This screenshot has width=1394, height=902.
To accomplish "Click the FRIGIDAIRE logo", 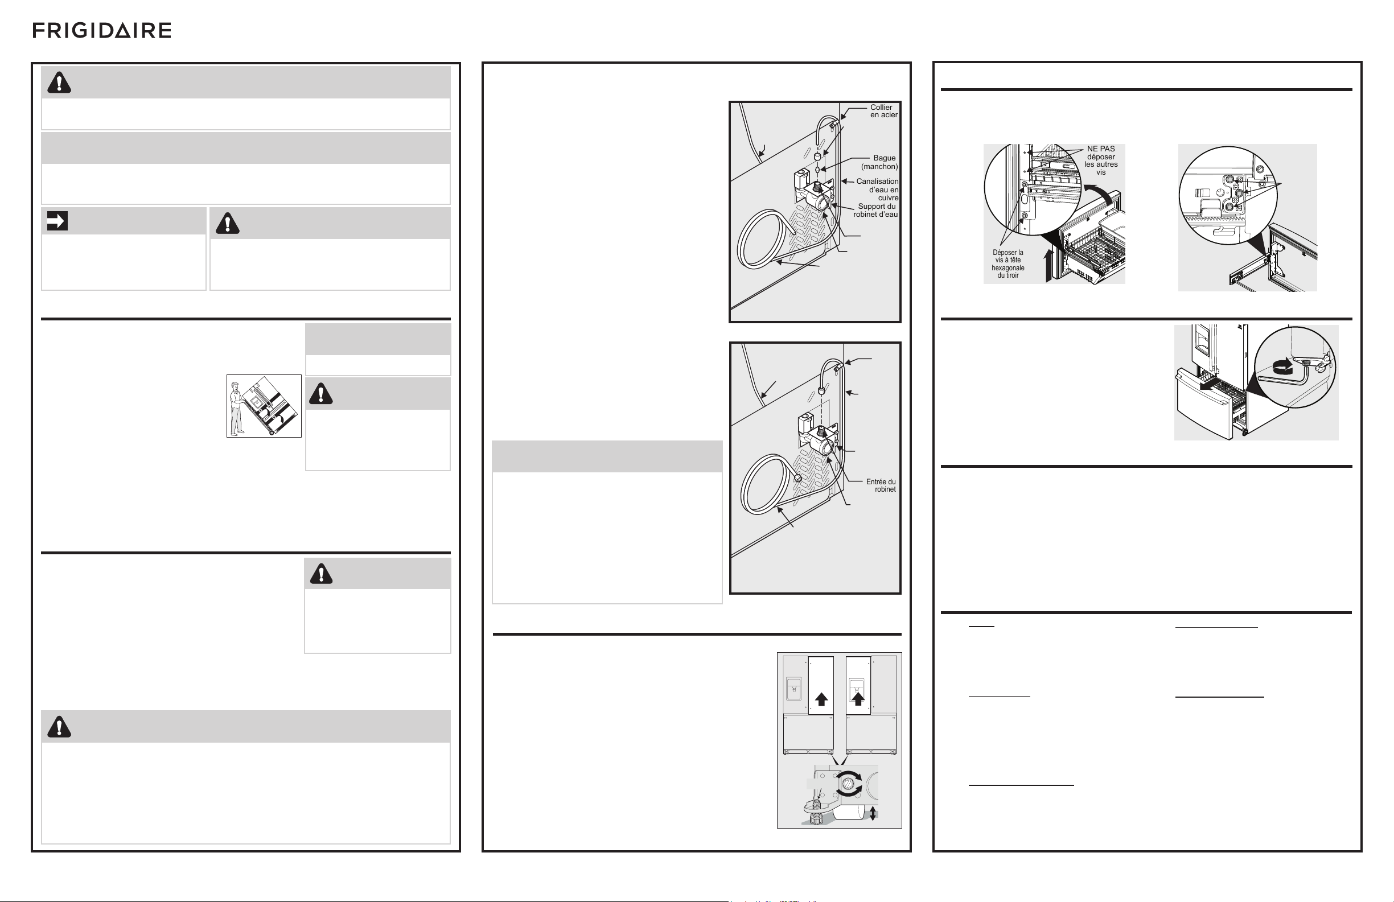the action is coord(102,31).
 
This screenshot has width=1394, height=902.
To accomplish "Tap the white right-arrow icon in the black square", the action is coord(57,221).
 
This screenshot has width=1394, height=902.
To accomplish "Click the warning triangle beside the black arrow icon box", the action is coord(228,223).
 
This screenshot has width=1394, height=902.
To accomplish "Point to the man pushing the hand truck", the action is coord(237,409).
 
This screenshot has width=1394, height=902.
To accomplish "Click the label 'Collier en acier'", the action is coord(884,111).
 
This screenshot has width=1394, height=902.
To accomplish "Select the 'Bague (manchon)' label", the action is coord(880,162).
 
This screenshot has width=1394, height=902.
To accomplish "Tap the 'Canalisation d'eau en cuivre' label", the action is coord(877,189).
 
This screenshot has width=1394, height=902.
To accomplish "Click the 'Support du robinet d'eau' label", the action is coord(875,210).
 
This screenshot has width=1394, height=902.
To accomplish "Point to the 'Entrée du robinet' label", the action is coord(881,485).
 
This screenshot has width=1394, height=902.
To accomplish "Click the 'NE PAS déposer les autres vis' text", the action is coord(1101,160).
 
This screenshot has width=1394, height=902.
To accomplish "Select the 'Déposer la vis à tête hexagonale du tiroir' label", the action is coord(1008,264).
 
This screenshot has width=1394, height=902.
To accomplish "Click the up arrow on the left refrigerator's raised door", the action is coord(821,699).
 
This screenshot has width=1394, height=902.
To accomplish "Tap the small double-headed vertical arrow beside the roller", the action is coord(873,813).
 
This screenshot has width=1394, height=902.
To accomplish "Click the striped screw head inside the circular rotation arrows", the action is coord(848,784).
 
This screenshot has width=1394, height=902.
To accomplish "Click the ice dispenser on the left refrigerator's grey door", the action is coord(793,689).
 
